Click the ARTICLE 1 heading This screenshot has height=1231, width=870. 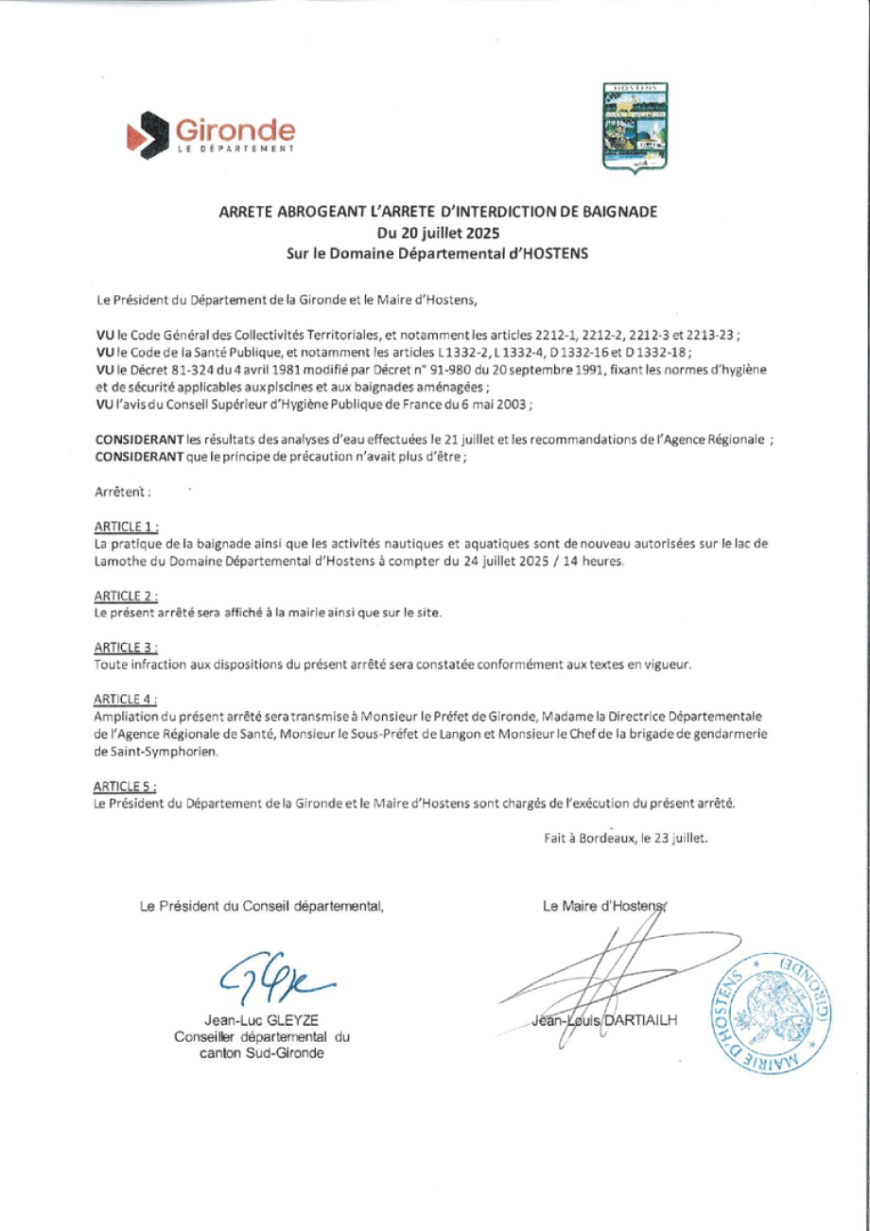[x=127, y=526]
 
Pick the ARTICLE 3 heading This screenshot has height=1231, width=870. [x=127, y=647]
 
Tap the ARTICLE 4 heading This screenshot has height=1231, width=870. [x=127, y=699]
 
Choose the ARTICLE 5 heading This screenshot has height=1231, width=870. [x=127, y=786]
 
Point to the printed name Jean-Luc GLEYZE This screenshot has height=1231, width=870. [x=262, y=1020]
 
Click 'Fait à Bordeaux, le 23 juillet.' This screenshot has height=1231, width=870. [x=626, y=837]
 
